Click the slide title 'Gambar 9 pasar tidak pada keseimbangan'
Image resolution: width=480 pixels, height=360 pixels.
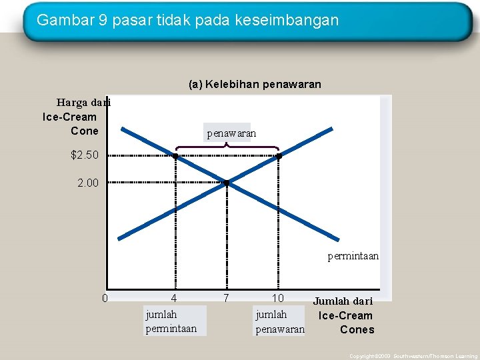coord(187,20)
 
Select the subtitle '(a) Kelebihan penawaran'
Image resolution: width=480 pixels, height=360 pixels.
coord(255,85)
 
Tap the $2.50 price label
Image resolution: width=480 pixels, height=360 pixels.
coord(85,155)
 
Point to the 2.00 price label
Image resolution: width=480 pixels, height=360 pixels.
coord(87,182)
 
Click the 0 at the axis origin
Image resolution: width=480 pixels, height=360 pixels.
coord(105,298)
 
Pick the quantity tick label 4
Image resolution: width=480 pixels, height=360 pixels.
coord(174,298)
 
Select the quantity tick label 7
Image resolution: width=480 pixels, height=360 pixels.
coord(227,298)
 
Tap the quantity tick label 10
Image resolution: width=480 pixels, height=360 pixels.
coord(278,298)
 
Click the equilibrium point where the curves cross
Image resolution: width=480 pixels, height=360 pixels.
coord(227,182)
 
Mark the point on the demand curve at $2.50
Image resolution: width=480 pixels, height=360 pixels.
coord(175,156)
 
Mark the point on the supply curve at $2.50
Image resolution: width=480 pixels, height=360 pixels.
coord(279,156)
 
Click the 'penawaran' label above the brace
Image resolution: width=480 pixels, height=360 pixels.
coord(231,133)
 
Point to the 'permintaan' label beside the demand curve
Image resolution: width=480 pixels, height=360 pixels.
coord(353,256)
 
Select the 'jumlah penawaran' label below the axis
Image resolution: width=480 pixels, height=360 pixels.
coord(280,321)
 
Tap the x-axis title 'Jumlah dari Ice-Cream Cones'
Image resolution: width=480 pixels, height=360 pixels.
coord(345,315)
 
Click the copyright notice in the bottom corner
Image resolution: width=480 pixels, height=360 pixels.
coord(413,356)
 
